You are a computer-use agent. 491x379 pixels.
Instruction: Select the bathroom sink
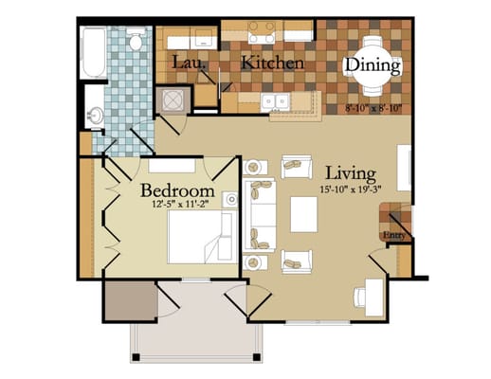(96, 116)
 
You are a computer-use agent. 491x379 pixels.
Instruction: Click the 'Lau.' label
(185, 63)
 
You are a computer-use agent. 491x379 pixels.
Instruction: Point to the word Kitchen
(273, 63)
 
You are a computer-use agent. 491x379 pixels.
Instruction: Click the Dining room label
(373, 65)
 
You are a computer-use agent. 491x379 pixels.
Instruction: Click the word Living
(350, 173)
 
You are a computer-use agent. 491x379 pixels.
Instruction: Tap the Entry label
(393, 236)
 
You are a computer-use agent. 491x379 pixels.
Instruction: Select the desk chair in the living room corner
(362, 297)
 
